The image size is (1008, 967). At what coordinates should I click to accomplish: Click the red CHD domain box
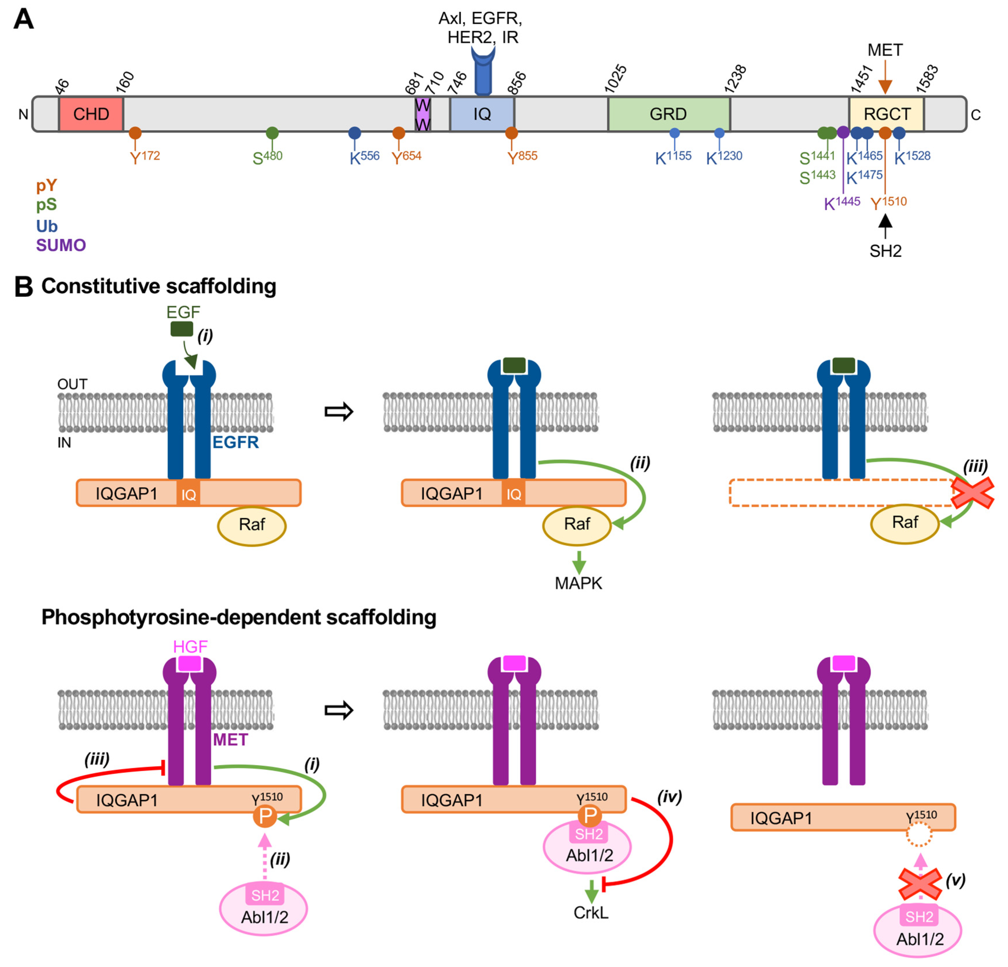click(x=91, y=114)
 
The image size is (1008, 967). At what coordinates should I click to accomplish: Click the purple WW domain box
click(x=423, y=114)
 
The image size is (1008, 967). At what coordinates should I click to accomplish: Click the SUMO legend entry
click(x=61, y=245)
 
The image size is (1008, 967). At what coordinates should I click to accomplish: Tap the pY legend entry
click(x=46, y=185)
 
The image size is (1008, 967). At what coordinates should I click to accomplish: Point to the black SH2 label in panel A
click(x=885, y=251)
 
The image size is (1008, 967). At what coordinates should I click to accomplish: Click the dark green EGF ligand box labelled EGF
click(x=182, y=329)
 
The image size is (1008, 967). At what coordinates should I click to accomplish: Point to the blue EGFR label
click(x=235, y=442)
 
